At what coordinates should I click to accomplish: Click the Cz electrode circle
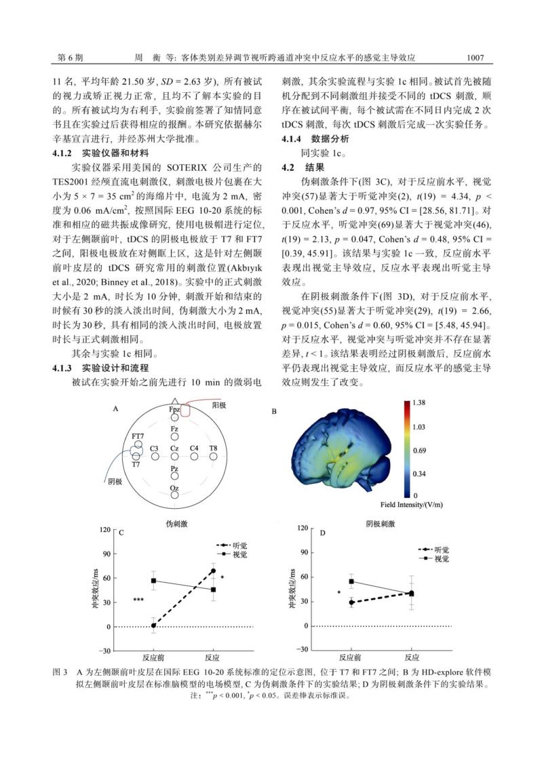pyautogui.click(x=174, y=457)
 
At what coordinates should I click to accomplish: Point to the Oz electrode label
pyautogui.click(x=174, y=487)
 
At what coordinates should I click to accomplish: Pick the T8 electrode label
pyautogui.click(x=213, y=448)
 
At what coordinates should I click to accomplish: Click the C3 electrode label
pyautogui.click(x=155, y=448)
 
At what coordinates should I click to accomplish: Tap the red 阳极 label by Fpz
pyautogui.click(x=218, y=404)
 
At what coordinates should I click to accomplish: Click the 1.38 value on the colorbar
pyautogui.click(x=419, y=403)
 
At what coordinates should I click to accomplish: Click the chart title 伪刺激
pyautogui.click(x=174, y=524)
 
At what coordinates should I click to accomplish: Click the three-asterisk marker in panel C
pyautogui.click(x=138, y=600)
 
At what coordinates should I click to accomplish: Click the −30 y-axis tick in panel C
pyautogui.click(x=105, y=651)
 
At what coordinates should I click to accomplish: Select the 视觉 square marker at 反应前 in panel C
pyautogui.click(x=153, y=581)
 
